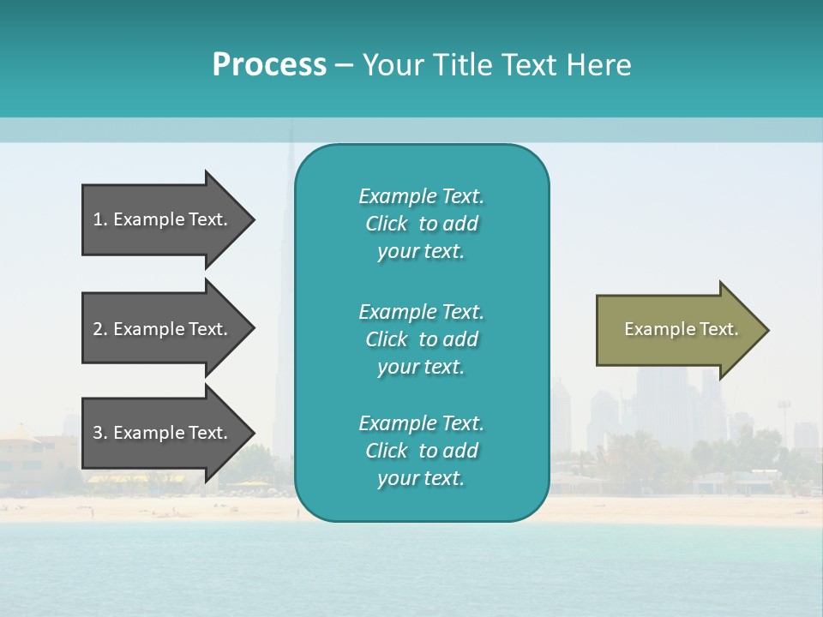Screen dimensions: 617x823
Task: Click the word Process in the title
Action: pos(269,65)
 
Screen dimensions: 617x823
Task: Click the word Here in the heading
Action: pos(598,65)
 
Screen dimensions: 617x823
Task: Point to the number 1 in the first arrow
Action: pos(98,219)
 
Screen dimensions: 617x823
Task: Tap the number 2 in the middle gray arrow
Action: pos(98,329)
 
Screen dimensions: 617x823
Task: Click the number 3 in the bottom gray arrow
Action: pos(98,433)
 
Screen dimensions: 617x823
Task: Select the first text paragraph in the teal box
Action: pos(421,224)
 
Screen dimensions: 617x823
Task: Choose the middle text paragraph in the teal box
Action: pos(421,339)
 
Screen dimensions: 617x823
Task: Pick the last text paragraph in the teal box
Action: pos(421,451)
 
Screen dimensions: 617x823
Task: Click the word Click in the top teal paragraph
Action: pos(387,224)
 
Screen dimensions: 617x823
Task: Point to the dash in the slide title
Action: pos(345,66)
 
